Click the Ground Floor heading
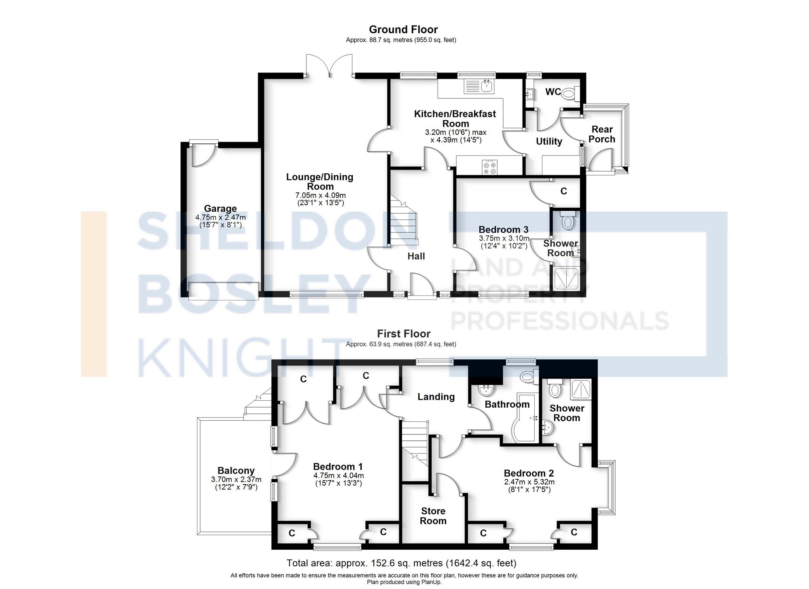coord(403,30)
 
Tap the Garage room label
coord(220,208)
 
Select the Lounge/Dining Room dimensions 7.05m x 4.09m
coord(320,195)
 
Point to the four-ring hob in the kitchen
coord(490,167)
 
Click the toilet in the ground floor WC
coord(570,94)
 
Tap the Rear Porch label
coord(602,134)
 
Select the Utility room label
coord(549,141)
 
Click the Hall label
coord(416,256)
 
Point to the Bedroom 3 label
coord(503,230)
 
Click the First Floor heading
coord(403,334)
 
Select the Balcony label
coord(236,470)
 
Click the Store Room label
coord(433,516)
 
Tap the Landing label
coord(436,397)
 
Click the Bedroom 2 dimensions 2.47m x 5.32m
coord(529,482)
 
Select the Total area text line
coord(401,563)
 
